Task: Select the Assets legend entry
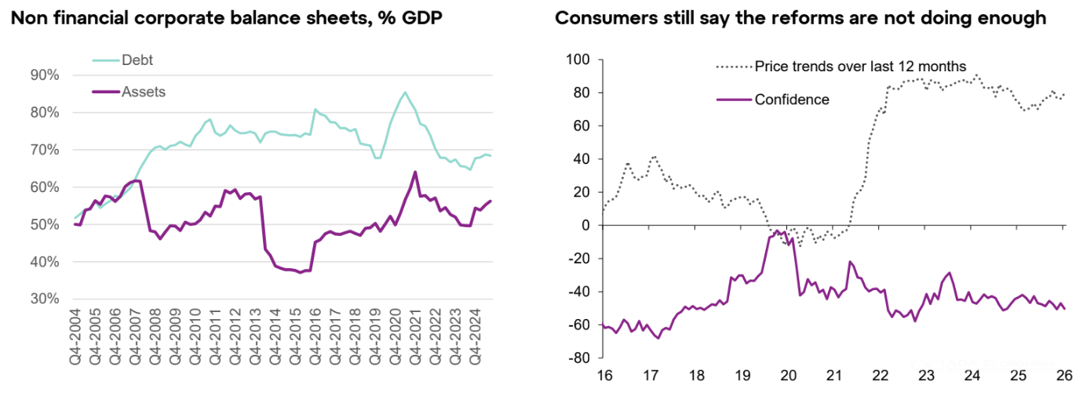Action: pos(143,92)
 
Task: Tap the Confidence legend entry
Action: pos(791,100)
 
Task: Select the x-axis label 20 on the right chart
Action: pos(788,375)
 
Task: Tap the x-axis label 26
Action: pos(1063,375)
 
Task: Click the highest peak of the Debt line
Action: pos(405,92)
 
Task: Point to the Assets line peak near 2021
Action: pos(414,172)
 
